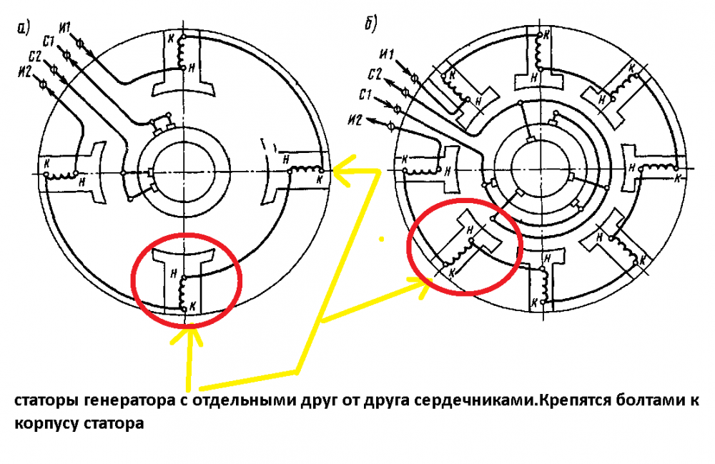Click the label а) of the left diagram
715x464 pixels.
(23, 28)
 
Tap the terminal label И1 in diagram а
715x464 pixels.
(66, 29)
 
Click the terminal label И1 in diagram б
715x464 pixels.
(388, 55)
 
